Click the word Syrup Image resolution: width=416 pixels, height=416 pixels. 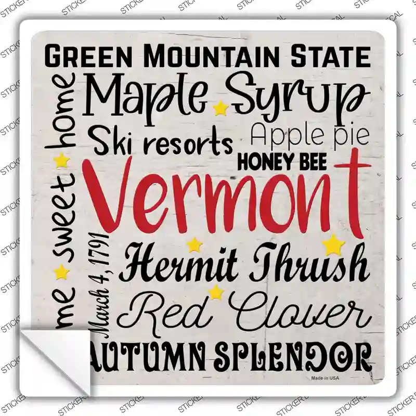click(x=296, y=96)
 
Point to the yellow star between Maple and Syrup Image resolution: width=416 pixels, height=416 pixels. click(x=221, y=108)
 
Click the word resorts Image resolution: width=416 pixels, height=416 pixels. click(x=186, y=141)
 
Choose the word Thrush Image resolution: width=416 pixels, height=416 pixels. click(x=309, y=264)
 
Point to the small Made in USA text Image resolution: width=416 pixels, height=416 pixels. click(x=325, y=378)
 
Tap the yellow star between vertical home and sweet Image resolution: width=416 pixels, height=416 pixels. click(x=62, y=160)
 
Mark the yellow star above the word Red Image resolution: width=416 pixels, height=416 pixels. click(x=215, y=292)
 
